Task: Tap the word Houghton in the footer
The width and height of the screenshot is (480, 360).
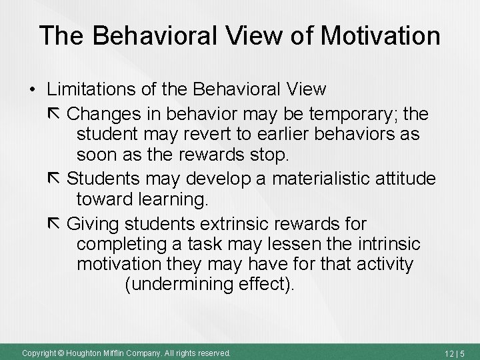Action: (82, 352)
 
